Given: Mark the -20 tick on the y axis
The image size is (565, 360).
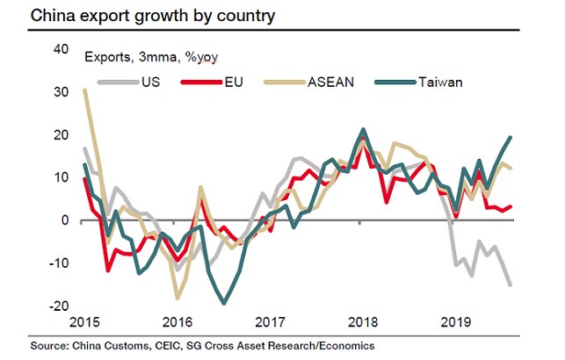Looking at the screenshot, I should [x=57, y=306].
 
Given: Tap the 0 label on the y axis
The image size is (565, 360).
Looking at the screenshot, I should [x=64, y=220].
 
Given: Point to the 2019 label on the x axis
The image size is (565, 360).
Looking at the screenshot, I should [x=454, y=322].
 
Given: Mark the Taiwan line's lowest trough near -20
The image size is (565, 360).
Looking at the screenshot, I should [x=224, y=303].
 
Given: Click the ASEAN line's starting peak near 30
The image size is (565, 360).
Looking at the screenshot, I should [x=84, y=90].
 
